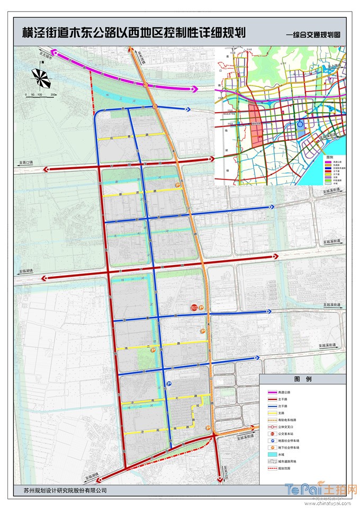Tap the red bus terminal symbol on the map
(194, 308)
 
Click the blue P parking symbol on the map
(169, 384)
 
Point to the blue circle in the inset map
(301, 126)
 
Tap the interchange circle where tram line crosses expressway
(146, 85)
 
